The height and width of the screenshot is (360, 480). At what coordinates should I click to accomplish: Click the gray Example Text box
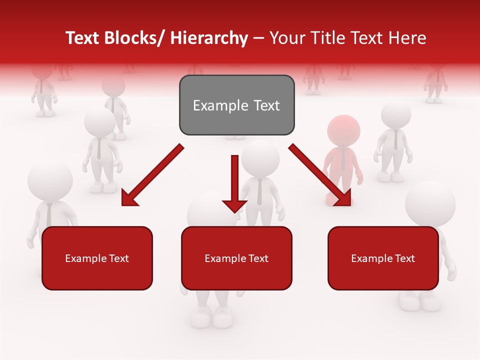(236, 105)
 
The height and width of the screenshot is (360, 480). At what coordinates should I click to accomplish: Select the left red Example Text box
(97, 258)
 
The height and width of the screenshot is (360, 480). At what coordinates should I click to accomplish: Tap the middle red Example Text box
(236, 258)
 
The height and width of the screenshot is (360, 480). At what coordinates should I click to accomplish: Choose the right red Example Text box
(383, 258)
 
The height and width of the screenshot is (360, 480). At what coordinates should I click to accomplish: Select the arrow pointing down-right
(320, 175)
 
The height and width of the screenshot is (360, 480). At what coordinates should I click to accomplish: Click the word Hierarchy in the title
(208, 38)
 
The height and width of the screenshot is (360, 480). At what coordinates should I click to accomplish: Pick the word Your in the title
(286, 38)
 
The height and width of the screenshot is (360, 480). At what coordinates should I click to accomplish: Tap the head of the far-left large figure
(50, 180)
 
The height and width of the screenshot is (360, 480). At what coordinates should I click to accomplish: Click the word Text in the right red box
(403, 258)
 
